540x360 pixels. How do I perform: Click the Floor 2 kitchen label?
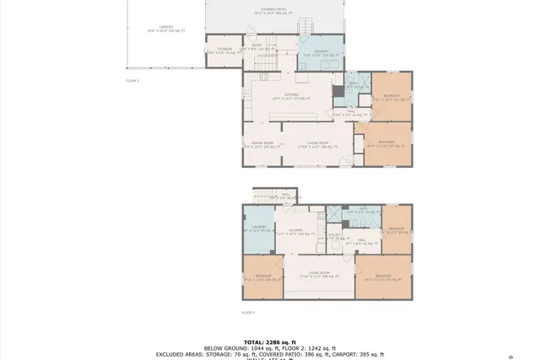[x=291, y=96]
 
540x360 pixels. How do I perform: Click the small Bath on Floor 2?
[x=352, y=84]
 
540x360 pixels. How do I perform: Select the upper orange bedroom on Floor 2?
[x=391, y=97]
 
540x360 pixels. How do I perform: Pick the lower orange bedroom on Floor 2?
[x=386, y=143]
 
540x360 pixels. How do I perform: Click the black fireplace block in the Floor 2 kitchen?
[x=337, y=91]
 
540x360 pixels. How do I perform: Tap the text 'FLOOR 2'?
[x=132, y=80]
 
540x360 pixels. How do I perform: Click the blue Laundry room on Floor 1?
[x=258, y=228]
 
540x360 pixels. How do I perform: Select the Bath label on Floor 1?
[x=363, y=210]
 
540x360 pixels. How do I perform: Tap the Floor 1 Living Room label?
[x=319, y=275]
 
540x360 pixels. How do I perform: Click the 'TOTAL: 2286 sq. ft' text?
[x=270, y=341]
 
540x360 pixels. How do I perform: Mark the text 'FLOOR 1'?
[x=248, y=312]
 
